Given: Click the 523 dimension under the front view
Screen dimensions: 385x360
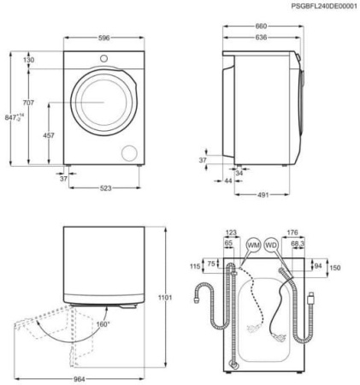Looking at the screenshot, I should coord(103,188).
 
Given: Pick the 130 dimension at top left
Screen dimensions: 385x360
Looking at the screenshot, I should coord(28,60).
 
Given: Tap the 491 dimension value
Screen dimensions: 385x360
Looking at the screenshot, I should coord(263,195).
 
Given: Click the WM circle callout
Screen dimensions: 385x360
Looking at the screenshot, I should coord(253,246).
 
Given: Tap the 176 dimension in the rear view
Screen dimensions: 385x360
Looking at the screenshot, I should coord(292,233).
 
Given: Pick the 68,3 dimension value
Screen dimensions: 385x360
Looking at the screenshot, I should coord(298,244).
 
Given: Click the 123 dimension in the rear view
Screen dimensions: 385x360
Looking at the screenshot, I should coord(230,233).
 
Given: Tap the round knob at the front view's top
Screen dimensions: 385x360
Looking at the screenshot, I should coord(103,58).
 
